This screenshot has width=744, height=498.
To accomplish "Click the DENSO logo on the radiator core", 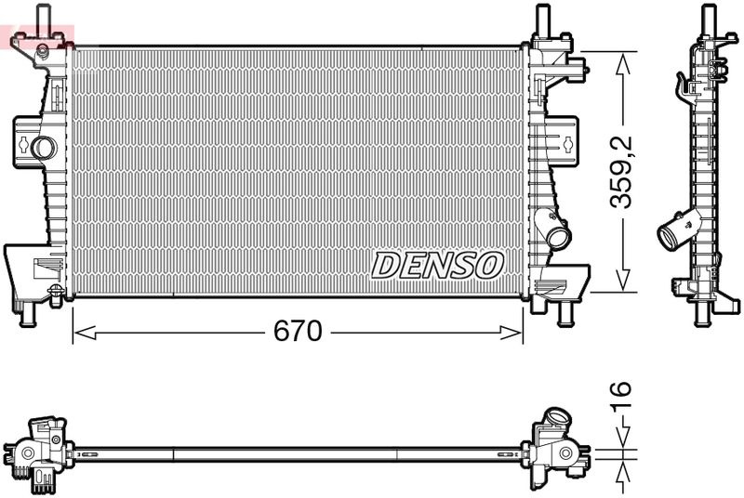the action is coord(437,266).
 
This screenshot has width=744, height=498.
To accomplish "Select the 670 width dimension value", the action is coord(298,331).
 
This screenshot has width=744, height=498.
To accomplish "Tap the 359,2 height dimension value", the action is coord(621,172).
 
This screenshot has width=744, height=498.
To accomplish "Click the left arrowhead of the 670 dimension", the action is coord(86,333).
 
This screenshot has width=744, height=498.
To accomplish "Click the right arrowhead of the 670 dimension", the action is coord(510,333).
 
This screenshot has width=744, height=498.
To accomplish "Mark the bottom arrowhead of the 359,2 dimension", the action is coord(623,280).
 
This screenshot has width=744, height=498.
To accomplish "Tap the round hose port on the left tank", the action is coord(42,148).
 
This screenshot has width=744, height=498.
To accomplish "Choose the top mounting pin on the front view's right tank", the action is coord(542,19).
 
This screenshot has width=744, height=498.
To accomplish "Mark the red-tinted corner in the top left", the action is coord(37,37).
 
